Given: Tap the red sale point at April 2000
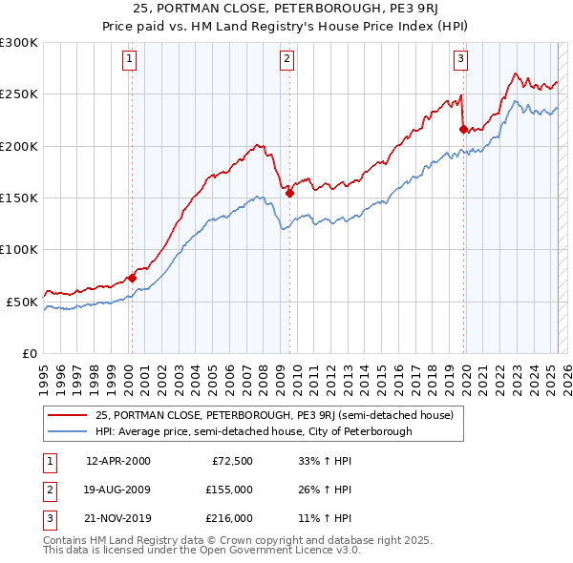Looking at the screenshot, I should [132, 279].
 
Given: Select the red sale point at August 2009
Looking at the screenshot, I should [289, 193].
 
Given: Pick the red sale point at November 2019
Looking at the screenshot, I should [464, 130].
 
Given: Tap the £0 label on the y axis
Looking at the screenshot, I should [29, 353].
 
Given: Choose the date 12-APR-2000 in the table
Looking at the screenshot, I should [118, 461].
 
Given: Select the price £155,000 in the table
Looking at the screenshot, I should [229, 490].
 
